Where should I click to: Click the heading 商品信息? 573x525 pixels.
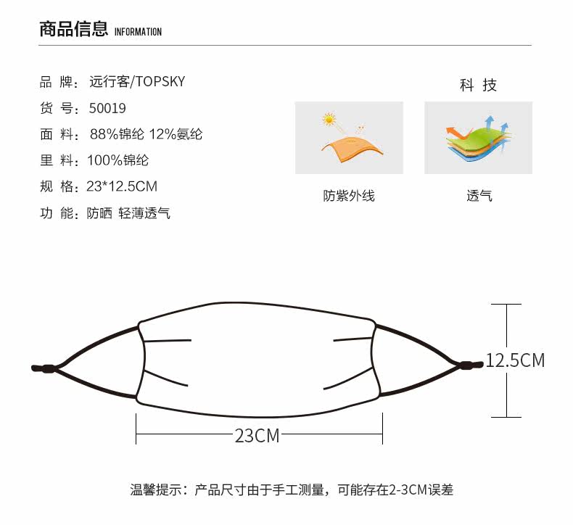click(74, 29)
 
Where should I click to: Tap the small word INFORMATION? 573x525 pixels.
click(139, 32)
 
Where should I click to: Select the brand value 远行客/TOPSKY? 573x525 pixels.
click(137, 81)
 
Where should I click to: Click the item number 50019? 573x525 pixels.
click(107, 108)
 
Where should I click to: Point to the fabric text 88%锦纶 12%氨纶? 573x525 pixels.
click(146, 134)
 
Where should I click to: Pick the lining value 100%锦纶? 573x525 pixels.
click(118, 160)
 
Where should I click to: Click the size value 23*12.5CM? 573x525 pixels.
click(122, 186)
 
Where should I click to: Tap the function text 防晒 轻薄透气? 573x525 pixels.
click(128, 213)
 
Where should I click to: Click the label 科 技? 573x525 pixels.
click(478, 86)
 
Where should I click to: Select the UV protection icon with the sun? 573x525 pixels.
click(349, 137)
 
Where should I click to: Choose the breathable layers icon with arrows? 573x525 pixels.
click(478, 137)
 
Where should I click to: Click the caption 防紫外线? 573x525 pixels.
click(349, 196)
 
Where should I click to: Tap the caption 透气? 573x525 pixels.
click(479, 196)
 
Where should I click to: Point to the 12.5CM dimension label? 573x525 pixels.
click(515, 360)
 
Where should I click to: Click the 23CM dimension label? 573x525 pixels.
click(257, 435)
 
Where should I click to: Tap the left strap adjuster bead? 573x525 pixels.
click(48, 368)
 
